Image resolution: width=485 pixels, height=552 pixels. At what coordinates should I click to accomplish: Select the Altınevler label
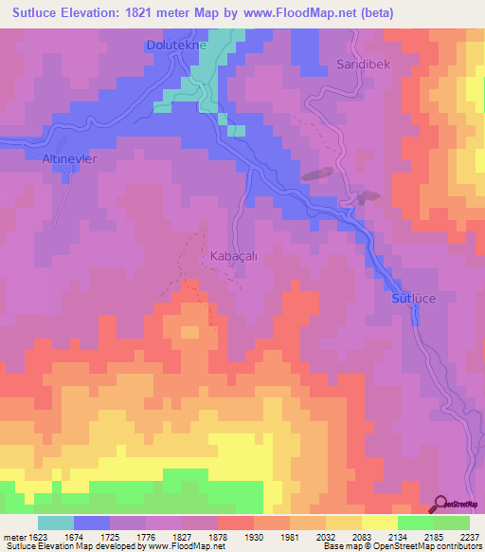(70, 158)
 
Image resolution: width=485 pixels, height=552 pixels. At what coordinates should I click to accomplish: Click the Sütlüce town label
(416, 298)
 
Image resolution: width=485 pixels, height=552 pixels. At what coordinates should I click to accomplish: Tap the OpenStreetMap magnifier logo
(442, 504)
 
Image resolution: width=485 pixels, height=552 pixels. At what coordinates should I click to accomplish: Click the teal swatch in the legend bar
(56, 523)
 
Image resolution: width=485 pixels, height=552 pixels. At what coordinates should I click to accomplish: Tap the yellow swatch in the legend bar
(379, 523)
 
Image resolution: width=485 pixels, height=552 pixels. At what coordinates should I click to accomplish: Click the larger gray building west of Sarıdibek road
(316, 175)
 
